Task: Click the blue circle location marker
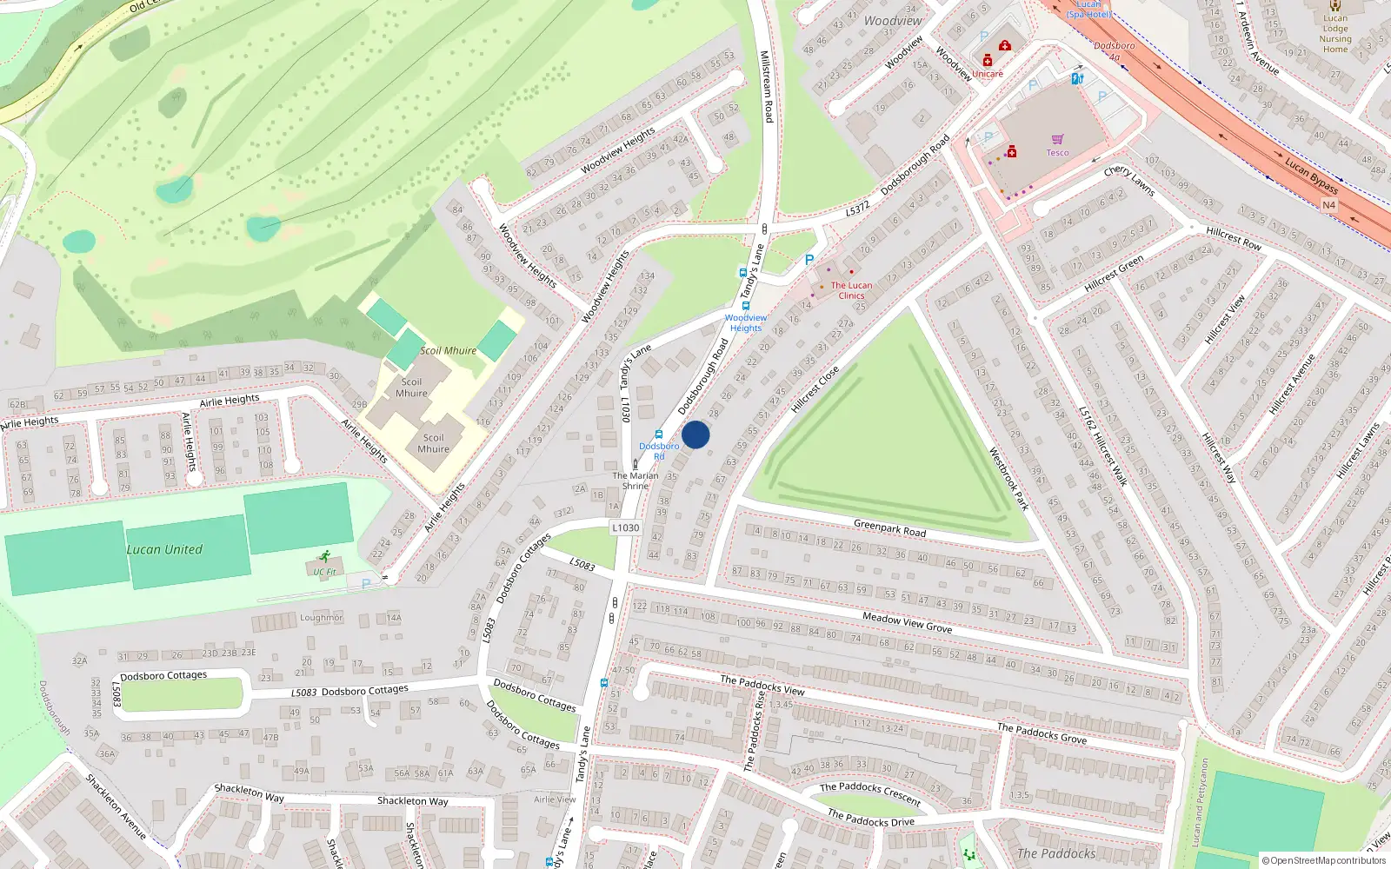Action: click(695, 434)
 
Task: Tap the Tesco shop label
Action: click(1057, 153)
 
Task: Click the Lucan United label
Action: click(164, 549)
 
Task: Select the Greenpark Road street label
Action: click(889, 527)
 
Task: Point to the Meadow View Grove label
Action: click(907, 622)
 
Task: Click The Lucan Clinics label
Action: click(851, 290)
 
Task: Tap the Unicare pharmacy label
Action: click(987, 74)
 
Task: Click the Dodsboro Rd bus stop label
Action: click(659, 451)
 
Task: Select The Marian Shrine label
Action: click(636, 481)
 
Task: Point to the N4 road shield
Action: click(1328, 205)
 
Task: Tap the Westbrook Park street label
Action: click(1008, 479)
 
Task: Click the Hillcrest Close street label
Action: click(815, 388)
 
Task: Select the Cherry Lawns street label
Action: click(1128, 181)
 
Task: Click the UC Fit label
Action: click(324, 572)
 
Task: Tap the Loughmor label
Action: click(321, 617)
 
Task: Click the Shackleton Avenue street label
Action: click(116, 806)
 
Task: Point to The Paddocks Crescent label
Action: click(869, 793)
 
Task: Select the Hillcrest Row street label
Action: click(1233, 238)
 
